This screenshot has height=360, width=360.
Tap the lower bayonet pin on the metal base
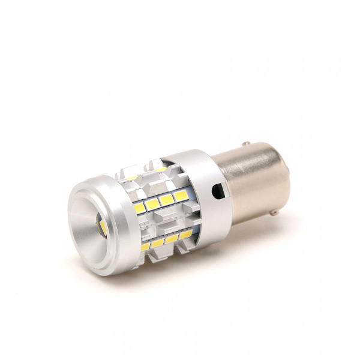point(274,212)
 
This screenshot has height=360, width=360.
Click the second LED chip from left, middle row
point(153,204)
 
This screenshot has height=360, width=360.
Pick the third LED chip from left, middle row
point(166,200)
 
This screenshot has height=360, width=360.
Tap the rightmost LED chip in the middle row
point(179,196)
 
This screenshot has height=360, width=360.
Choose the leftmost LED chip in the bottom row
point(145,246)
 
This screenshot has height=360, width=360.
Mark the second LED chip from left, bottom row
point(158,242)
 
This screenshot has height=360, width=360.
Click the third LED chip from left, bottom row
point(172,238)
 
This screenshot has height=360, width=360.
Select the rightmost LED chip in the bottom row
point(185,233)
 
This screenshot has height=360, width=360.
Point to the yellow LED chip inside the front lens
point(103,227)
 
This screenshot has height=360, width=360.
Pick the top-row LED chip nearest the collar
point(160,170)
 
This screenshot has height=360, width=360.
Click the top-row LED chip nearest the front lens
point(133,178)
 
